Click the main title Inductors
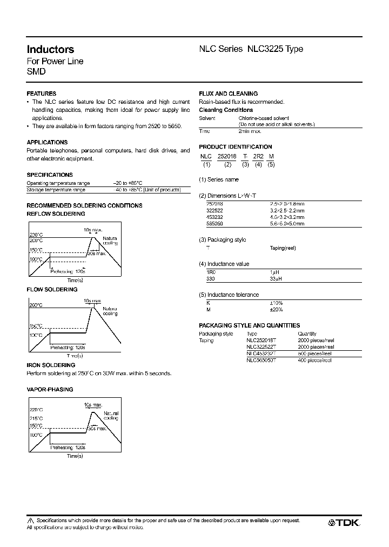[50, 49]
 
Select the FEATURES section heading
[41, 94]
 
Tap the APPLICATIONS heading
[46, 142]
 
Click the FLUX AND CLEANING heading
[228, 94]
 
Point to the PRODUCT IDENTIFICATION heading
[235, 146]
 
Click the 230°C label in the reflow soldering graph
[36, 234]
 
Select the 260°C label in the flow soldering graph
[36, 306]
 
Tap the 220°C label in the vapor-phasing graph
[36, 410]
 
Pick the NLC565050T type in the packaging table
[261, 359]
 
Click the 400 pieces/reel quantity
[316, 359]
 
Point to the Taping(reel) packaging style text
[283, 248]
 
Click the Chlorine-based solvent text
[264, 118]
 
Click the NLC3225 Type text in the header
[275, 49]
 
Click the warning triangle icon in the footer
[30, 521]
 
